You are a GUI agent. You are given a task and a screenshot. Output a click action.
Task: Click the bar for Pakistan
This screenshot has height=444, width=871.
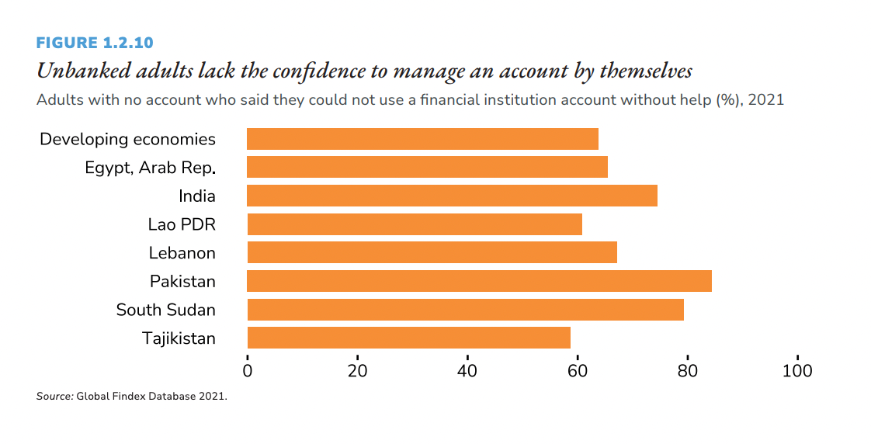pos(479,281)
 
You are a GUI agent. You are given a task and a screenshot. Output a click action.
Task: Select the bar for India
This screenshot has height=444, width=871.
pos(452,196)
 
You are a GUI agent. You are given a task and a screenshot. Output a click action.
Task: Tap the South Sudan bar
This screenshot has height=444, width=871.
pos(465,310)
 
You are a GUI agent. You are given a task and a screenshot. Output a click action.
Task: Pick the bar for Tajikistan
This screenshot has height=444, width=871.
pos(408,338)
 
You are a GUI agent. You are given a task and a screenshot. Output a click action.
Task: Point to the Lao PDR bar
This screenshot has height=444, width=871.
pos(415,224)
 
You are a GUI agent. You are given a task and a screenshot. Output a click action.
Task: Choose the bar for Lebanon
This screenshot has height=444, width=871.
pos(432,252)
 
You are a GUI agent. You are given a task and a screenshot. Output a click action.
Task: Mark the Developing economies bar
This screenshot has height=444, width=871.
pos(422,139)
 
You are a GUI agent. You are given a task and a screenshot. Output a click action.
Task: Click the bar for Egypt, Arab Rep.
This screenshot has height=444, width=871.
pos(427,167)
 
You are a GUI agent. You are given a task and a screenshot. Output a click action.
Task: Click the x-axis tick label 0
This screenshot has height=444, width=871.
pos(248,371)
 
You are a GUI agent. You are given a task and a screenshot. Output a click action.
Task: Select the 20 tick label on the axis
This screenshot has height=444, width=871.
pos(357,371)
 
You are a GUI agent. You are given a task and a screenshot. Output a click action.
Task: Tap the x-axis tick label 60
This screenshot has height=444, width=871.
pos(577,371)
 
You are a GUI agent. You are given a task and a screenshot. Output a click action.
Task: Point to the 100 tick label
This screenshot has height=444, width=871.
pos(796,371)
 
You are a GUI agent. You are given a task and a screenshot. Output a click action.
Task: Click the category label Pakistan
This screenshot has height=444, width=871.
pos(182,281)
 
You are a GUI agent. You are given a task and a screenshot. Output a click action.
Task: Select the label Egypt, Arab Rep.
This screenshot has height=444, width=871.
pos(150,168)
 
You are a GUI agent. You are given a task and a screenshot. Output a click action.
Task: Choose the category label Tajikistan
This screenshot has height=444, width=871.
pos(179,338)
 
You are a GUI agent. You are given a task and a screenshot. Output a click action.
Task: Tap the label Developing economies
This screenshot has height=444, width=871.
pos(127,139)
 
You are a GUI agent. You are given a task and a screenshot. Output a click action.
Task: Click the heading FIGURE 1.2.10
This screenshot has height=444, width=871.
pos(95,43)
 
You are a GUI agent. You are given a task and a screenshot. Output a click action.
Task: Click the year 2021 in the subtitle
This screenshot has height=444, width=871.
pos(765,100)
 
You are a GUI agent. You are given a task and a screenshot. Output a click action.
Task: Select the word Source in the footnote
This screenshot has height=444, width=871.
pos(54,397)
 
